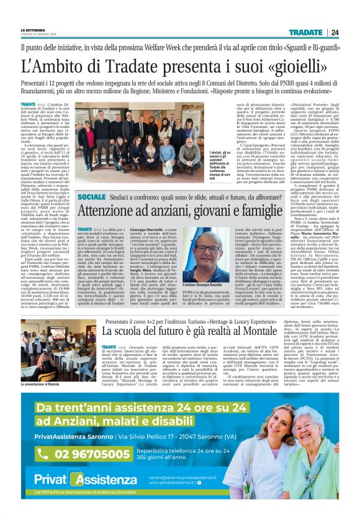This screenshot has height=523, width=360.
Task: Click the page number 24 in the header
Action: (335, 33)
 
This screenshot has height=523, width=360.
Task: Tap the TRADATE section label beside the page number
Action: (305, 33)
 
